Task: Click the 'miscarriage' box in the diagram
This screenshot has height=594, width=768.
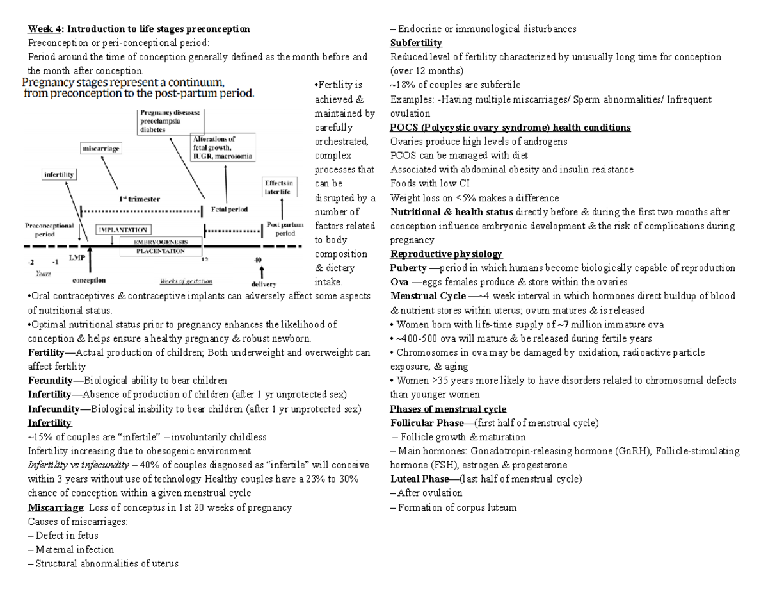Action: coord(100,149)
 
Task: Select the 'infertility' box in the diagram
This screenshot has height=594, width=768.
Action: coord(60,174)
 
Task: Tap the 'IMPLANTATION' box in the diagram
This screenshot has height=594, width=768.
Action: coord(122,229)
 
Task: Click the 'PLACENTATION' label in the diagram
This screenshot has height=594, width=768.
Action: coord(160,251)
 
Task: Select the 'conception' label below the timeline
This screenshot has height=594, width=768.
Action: coord(89,280)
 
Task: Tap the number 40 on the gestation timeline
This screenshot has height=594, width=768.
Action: coord(257,260)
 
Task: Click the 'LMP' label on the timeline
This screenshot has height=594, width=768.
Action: coord(76,257)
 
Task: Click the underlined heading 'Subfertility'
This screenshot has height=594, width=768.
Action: coord(416,43)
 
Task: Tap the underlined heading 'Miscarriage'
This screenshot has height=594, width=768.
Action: coord(56,507)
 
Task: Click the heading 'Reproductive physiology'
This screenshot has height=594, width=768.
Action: coord(446,254)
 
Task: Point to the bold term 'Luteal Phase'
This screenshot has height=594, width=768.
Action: coord(419,479)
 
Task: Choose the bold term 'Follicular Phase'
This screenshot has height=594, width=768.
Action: coord(426,423)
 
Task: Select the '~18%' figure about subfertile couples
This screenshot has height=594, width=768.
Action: coord(401,85)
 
